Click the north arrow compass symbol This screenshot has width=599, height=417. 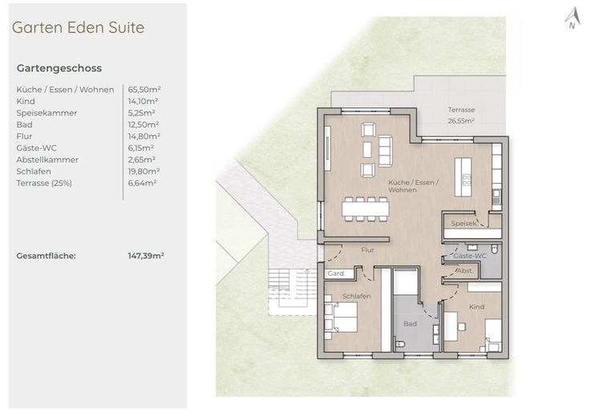click(x=573, y=18)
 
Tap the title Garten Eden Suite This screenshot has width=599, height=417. click(x=79, y=27)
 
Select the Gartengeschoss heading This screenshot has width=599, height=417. click(x=59, y=68)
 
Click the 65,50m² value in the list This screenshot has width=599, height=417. click(x=144, y=90)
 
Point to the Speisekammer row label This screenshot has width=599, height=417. click(x=47, y=113)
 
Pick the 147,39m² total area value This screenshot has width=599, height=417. click(x=146, y=256)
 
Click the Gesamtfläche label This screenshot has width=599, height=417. click(x=46, y=256)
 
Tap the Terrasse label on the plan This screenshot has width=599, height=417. click(x=461, y=110)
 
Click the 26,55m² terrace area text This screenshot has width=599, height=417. click(x=461, y=121)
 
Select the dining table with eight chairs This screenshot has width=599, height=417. click(x=366, y=208)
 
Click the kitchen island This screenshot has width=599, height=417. click(x=463, y=177)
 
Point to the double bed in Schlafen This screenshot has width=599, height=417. click(x=341, y=317)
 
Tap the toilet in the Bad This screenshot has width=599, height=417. click(x=399, y=345)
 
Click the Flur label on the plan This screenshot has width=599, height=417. click(x=367, y=250)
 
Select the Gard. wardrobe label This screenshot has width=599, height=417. click(x=336, y=273)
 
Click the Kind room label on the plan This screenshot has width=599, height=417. click(x=477, y=306)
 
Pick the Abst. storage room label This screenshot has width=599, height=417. click(x=465, y=271)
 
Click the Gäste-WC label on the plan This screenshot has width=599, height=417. click(x=469, y=256)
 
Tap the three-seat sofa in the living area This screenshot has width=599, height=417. click(x=385, y=151)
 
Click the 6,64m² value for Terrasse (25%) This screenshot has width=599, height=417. click(x=142, y=184)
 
